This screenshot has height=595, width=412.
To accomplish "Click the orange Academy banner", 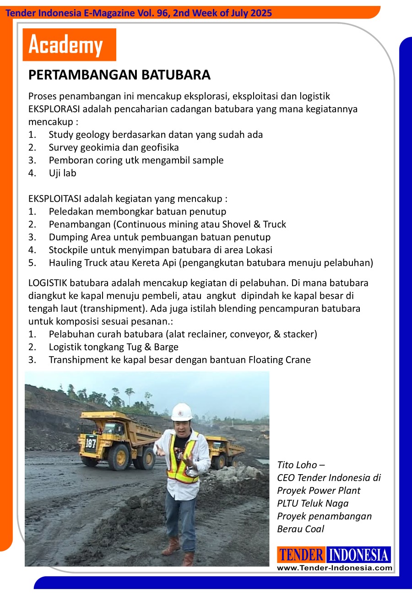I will (x=69, y=45).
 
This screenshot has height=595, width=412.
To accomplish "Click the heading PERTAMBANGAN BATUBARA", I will (x=119, y=75).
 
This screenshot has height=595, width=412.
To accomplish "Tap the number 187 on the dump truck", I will (x=91, y=443).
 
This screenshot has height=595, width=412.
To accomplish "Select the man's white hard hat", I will (x=181, y=412).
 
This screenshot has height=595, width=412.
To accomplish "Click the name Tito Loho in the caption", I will (x=297, y=465).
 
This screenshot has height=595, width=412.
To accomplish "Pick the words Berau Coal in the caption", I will (x=300, y=529).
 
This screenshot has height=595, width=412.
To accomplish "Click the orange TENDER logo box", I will (x=301, y=555).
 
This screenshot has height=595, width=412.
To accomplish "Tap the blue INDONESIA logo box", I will (x=359, y=555).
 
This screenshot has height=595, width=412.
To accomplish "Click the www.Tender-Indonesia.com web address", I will (x=335, y=568).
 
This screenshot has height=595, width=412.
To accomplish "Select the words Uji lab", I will (x=63, y=173).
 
